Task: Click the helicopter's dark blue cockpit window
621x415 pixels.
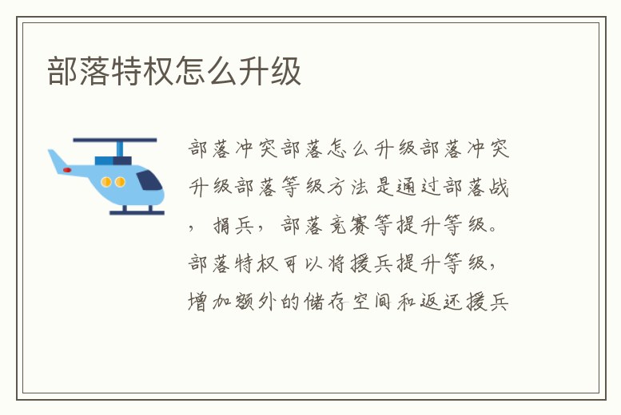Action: [149, 181]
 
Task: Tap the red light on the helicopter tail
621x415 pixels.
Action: [67, 170]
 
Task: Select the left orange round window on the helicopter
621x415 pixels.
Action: [106, 182]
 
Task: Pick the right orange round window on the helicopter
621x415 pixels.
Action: [120, 182]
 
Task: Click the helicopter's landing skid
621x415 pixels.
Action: [137, 212]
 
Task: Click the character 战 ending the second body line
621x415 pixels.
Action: [500, 188]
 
